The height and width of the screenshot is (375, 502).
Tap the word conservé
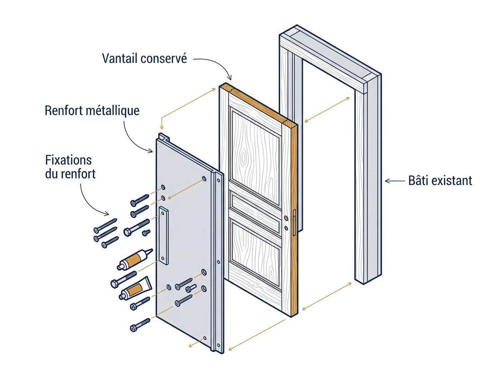pos(164,58)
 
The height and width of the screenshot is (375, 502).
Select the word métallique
pos(113,110)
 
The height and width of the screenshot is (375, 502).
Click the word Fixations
pos(68,160)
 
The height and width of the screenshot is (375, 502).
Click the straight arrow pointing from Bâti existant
pos(395,181)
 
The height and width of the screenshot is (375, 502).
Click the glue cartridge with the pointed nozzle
pos(134,259)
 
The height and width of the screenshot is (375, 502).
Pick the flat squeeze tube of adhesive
pos(136,288)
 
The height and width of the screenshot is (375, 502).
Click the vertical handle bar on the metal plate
pos(164,235)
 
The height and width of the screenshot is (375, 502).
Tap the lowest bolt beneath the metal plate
pos(140,325)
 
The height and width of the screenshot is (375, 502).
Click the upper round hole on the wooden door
pos(286,218)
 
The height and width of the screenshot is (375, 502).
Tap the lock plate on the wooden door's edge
pos(294,222)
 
